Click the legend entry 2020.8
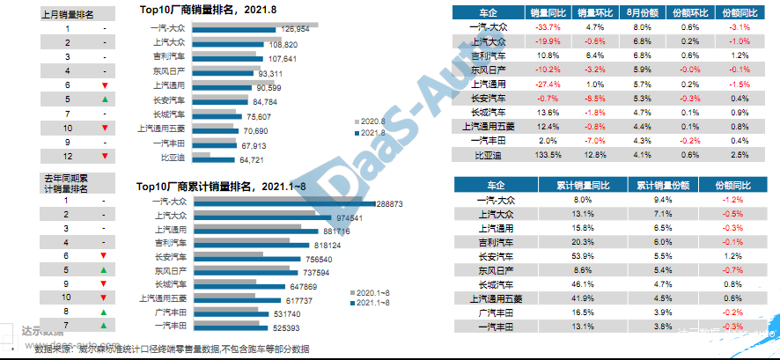pyautogui.click(x=370, y=121)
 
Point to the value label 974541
pyautogui.click(x=345, y=217)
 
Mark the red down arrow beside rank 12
pyautogui.click(x=105, y=156)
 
